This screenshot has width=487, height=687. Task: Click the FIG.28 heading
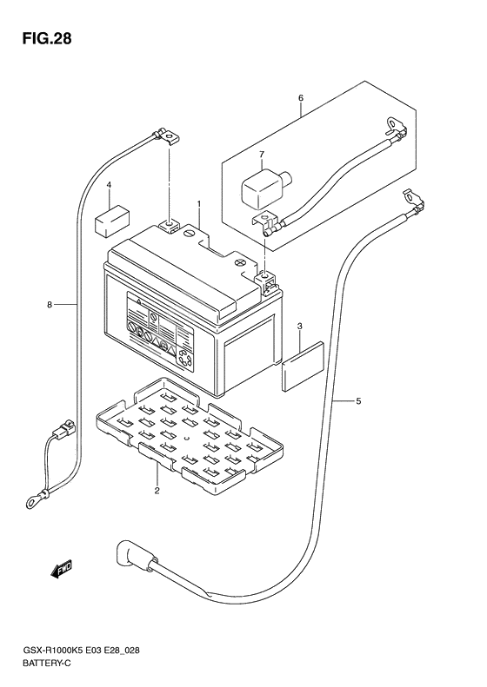pyautogui.click(x=47, y=39)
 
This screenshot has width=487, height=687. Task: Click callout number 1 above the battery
pyautogui.click(x=199, y=204)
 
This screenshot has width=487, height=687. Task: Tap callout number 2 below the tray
pyautogui.click(x=157, y=490)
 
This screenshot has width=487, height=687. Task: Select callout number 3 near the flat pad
pyautogui.click(x=300, y=326)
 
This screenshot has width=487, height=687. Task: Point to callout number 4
pyautogui.click(x=110, y=185)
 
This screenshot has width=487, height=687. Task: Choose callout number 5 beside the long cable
pyautogui.click(x=358, y=400)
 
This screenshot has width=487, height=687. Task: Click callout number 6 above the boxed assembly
pyautogui.click(x=301, y=97)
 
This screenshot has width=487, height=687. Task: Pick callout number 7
pyautogui.click(x=262, y=154)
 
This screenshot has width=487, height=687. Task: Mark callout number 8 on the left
pyautogui.click(x=50, y=304)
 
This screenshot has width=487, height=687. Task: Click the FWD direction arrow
pyautogui.click(x=61, y=569)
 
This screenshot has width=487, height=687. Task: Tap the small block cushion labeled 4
pyautogui.click(x=113, y=221)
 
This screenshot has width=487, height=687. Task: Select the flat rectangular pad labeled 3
pyautogui.click(x=304, y=367)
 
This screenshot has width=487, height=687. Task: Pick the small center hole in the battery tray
pyautogui.click(x=187, y=438)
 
